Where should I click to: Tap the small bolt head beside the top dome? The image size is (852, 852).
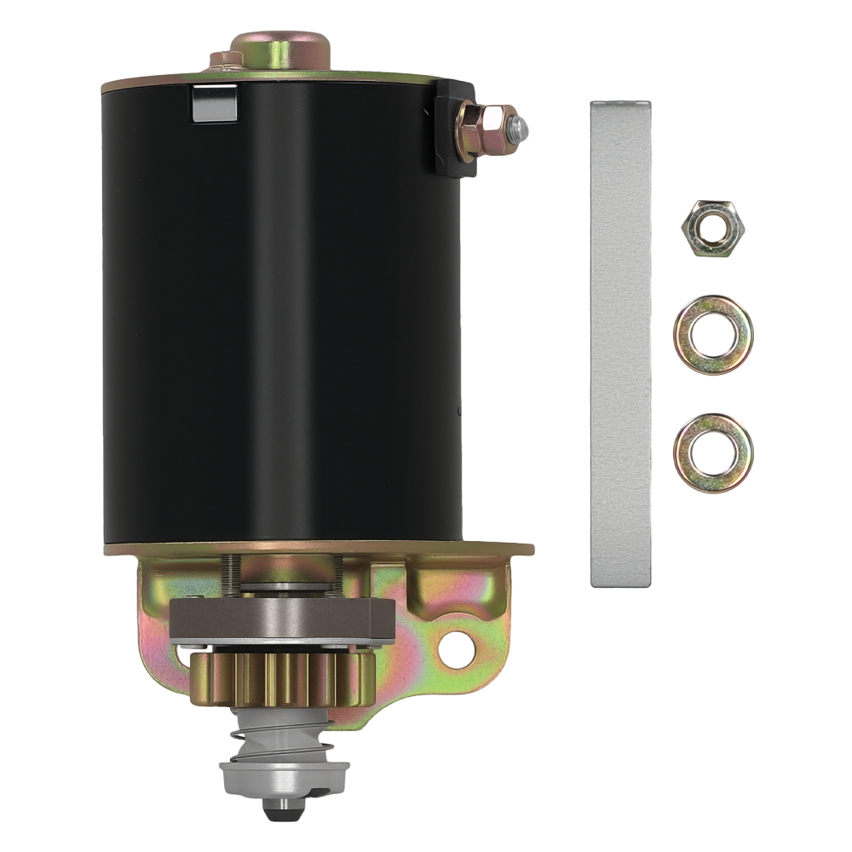(226, 60)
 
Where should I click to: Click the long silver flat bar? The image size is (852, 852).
(620, 341)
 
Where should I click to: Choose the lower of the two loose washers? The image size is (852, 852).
(712, 454)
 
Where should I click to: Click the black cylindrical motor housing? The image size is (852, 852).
(281, 324)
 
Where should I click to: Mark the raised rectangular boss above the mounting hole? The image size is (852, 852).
(444, 588)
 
